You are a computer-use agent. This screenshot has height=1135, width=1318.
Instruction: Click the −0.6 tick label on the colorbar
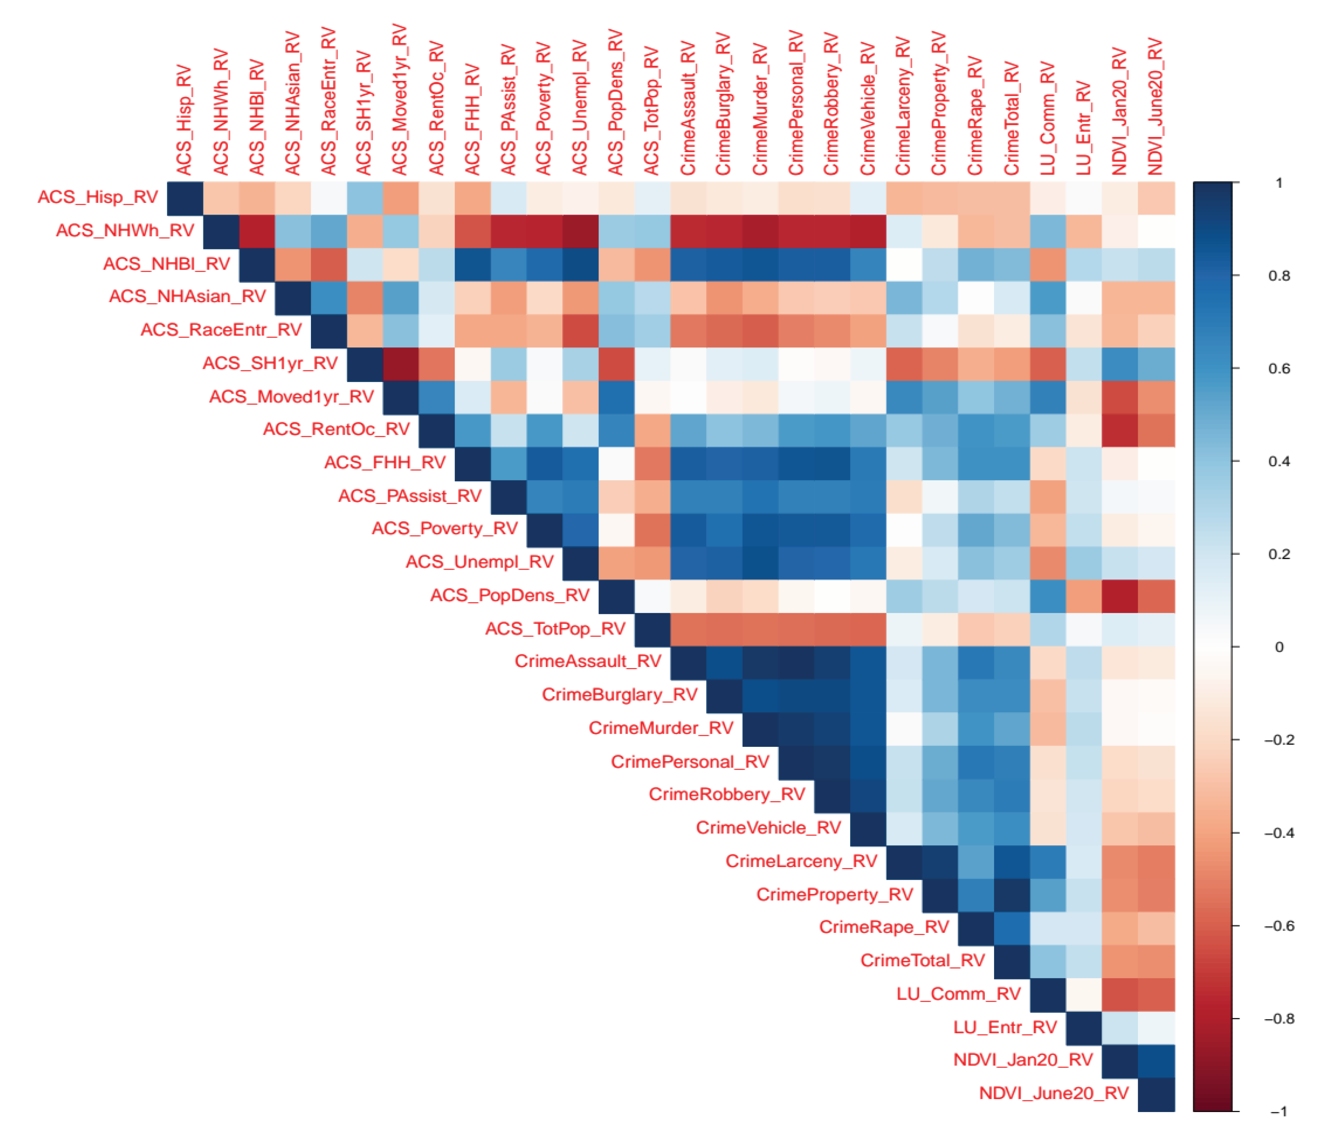click(x=1279, y=926)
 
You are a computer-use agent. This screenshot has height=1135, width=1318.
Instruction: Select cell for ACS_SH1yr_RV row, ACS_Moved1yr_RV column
click(x=401, y=364)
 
